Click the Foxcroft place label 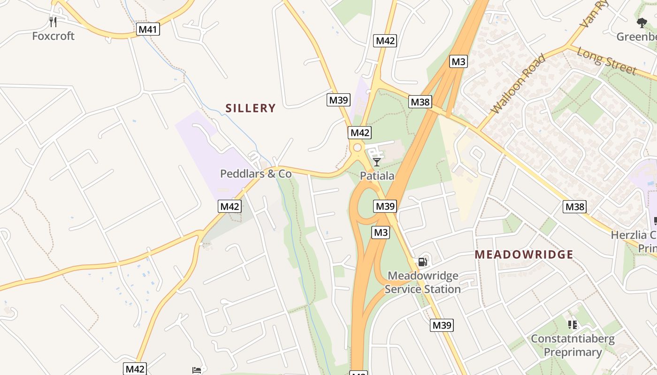(53, 36)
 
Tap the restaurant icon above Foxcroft (53, 22)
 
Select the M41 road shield (148, 30)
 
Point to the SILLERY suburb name (251, 108)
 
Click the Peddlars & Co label (256, 174)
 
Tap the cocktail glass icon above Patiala (377, 162)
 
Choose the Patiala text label (377, 176)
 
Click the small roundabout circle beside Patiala (357, 148)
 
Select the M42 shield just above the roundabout (360, 133)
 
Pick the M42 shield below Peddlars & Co (230, 206)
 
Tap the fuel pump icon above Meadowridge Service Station (423, 262)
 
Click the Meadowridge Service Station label (423, 282)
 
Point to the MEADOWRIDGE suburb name (524, 255)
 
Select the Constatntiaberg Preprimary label (573, 345)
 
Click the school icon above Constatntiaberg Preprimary (572, 324)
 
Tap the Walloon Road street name (518, 84)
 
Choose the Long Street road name (606, 60)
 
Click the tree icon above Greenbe (642, 22)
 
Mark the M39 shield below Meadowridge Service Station (442, 325)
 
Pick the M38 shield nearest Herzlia (575, 206)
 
